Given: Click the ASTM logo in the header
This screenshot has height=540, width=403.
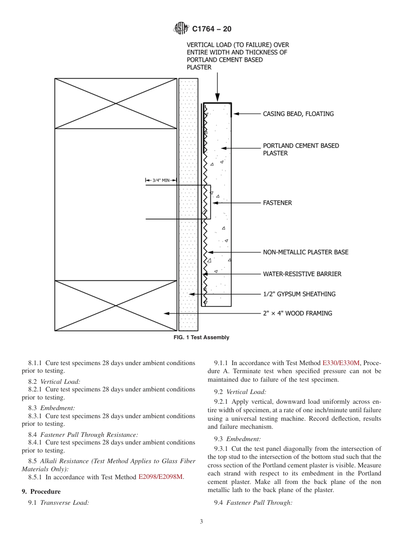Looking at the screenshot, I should (x=181, y=29).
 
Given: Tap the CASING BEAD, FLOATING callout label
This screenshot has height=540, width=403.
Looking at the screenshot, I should (x=298, y=114).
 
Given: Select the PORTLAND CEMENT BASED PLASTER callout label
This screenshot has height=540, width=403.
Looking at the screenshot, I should (x=301, y=149).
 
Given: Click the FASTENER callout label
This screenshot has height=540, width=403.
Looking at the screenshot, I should (x=277, y=203).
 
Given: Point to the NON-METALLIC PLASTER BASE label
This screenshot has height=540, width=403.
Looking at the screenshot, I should (x=305, y=252).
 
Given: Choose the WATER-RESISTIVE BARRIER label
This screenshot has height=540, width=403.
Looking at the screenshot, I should (x=302, y=274).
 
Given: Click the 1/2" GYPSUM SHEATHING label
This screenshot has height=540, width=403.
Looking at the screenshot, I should (x=299, y=294).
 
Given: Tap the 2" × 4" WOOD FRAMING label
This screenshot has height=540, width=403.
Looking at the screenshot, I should (x=297, y=313).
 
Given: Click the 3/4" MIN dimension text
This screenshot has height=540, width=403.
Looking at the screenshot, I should (x=161, y=180).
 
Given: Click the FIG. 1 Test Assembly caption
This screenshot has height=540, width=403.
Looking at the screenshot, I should (x=201, y=337).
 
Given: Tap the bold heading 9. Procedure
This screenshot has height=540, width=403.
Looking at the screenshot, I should (x=41, y=492).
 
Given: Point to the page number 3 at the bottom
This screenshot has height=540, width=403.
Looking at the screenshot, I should (x=201, y=522).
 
